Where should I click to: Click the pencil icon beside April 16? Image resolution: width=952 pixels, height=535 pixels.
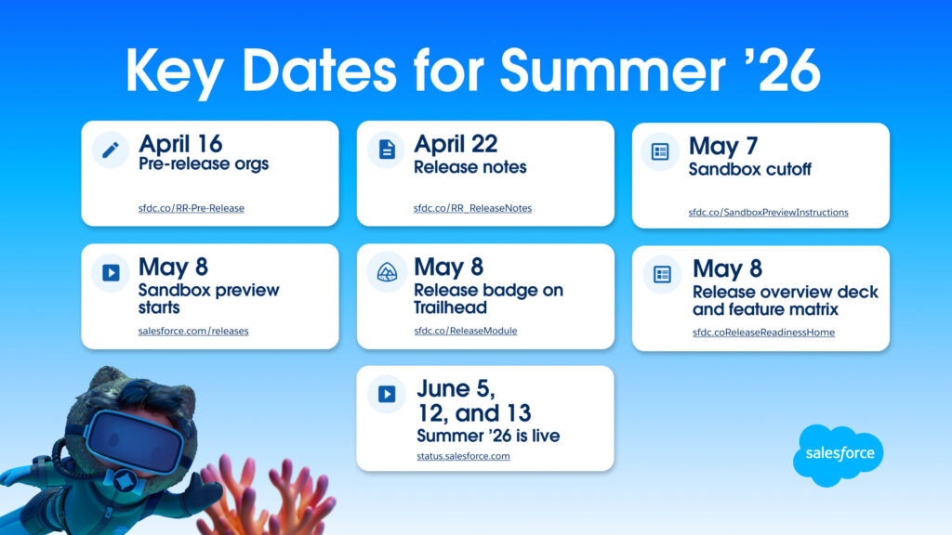[110, 150]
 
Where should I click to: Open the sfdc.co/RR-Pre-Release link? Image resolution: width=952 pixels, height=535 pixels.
[192, 208]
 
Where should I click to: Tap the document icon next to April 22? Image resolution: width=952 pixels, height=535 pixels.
[387, 150]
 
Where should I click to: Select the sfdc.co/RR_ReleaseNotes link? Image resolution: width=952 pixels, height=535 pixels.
[472, 208]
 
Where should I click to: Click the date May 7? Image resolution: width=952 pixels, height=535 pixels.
[723, 146]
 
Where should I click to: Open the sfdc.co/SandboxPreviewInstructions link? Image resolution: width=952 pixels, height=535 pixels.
[768, 213]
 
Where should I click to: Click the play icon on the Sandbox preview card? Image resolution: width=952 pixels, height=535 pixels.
[111, 273]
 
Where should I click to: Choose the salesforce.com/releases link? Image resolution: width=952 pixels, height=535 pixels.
[193, 332]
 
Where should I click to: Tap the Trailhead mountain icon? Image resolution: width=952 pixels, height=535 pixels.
[387, 272]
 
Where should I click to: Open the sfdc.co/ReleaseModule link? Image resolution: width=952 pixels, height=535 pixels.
[466, 332]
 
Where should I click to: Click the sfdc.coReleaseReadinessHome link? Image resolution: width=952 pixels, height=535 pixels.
[763, 333]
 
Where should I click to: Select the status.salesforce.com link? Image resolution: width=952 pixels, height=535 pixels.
[463, 456]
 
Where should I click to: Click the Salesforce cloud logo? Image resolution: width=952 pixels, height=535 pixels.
[839, 454]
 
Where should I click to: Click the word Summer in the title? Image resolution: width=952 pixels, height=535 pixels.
[614, 71]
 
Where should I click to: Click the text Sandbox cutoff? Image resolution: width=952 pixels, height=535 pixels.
[750, 169]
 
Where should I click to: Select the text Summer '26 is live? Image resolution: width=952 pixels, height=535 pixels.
[488, 436]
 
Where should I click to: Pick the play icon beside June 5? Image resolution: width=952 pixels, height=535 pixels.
[387, 394]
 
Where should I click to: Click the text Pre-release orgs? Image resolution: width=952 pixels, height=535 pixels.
[204, 163]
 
